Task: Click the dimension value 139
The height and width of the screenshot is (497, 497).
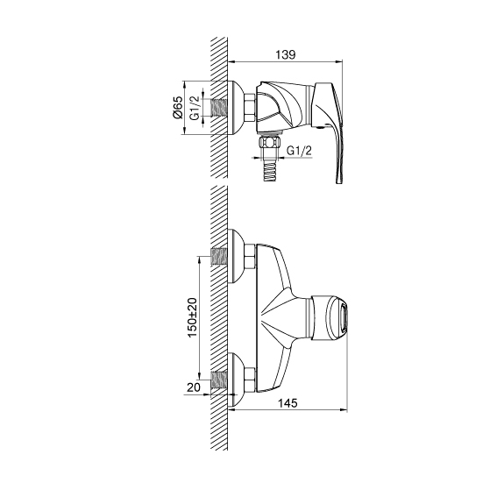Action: pos(285,54)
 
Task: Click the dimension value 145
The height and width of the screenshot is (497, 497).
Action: pos(288,403)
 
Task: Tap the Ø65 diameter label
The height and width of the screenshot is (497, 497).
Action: pos(178,107)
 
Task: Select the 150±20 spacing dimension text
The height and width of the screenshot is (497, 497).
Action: pos(192,317)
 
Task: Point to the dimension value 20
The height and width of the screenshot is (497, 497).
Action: pos(194,387)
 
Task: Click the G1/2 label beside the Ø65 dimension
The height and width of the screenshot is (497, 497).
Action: pos(195,108)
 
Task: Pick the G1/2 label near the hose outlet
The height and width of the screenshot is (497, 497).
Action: pos(299,151)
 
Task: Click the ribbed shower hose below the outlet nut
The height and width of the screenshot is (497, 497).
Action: pos(269,172)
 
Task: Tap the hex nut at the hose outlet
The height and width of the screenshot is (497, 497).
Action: pos(269,142)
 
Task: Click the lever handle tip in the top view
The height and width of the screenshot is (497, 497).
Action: pos(338,181)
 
